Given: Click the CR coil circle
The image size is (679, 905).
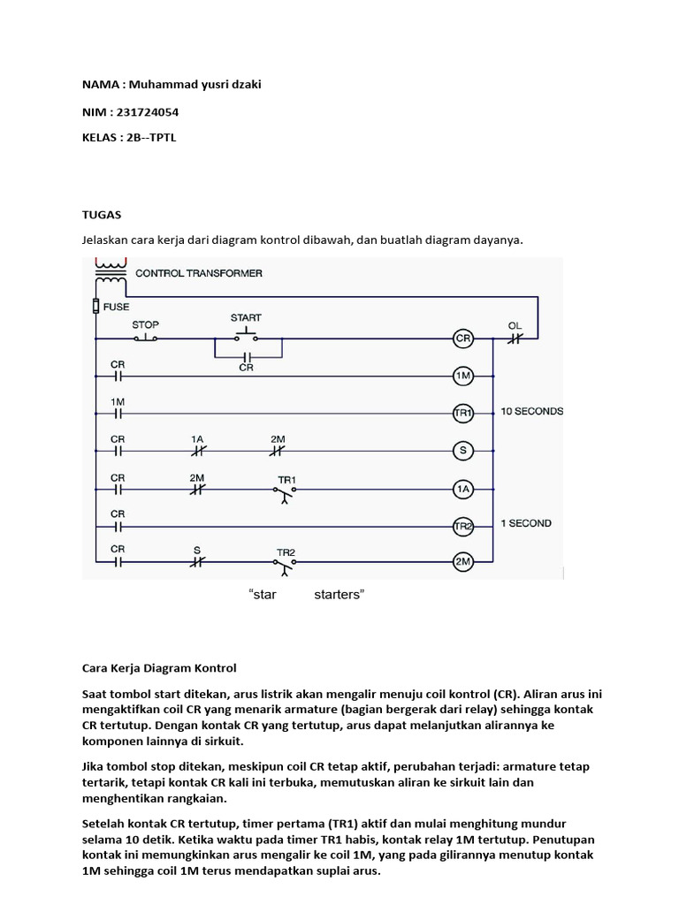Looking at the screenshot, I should coord(462,338).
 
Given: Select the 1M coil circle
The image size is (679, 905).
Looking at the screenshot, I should coord(462,376).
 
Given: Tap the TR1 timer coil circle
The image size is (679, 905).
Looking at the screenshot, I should coord(462,413).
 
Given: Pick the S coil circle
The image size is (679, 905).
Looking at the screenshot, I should coord(462,450).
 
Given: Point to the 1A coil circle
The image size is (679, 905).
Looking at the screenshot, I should coord(462,488).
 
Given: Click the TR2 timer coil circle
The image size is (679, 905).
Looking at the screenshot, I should coord(462,525).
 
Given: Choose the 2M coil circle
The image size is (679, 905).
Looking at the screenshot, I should coord(462,561).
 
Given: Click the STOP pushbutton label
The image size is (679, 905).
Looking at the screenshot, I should coord(145,325).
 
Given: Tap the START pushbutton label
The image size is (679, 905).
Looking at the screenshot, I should coord(246,317).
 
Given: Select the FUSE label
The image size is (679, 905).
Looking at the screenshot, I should coord(117,307).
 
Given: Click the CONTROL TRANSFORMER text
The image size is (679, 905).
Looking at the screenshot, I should coord(198,273).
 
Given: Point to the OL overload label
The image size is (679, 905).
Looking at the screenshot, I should coord(515,325).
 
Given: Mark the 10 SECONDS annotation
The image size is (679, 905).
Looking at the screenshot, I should coord(531,411).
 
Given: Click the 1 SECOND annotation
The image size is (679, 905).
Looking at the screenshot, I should coord(526,523).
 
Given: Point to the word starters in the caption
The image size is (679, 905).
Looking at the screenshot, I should coord(339,595).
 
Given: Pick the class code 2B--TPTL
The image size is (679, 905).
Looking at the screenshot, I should coord(151,139).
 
